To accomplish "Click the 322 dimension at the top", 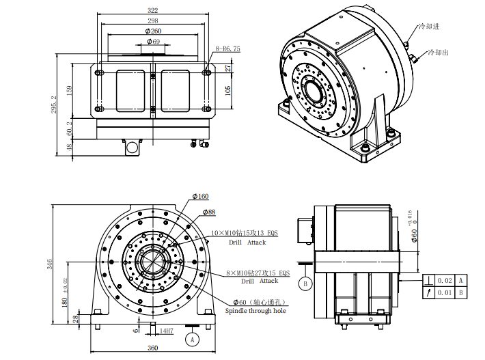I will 152,10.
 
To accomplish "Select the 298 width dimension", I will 152,20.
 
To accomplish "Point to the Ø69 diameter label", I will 153,42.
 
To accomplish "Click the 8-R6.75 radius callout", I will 227,49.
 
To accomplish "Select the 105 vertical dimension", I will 228,89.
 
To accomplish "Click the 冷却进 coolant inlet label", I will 430,27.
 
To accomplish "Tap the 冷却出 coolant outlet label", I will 438,52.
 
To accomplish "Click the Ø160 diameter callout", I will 200,197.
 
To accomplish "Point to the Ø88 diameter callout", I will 208,212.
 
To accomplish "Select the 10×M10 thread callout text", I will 245,233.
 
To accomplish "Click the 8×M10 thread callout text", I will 257,272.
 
